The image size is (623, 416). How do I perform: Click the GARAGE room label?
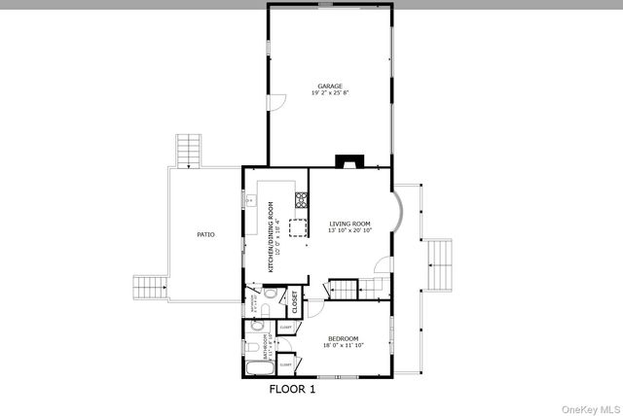pos(330,86)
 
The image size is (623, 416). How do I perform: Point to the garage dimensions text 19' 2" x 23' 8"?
pos(330,93)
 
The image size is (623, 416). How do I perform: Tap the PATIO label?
pos(205,234)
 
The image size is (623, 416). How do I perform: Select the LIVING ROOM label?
pos(349,223)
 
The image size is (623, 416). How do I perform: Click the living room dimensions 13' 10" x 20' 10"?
pos(349,230)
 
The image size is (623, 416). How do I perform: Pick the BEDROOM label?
pos(344,338)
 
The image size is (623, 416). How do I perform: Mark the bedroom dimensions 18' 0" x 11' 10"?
pos(344,346)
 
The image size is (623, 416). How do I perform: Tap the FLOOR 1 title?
pos(292,389)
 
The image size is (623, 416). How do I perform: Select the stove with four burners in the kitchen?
pos(302,201)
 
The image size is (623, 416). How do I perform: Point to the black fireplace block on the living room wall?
pos(347,161)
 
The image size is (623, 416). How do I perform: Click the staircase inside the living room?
pos(343,289)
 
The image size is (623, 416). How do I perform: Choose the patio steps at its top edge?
pos(189,151)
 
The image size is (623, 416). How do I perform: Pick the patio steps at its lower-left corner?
pos(149,286)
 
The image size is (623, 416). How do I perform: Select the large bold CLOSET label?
pos(294,301)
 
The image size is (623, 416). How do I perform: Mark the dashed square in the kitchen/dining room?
pos(295,228)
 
